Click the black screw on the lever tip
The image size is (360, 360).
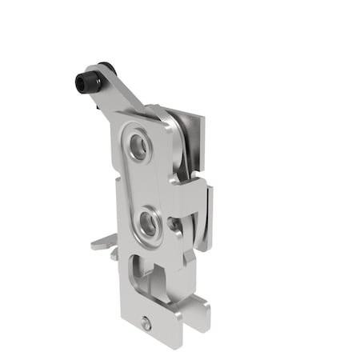(x=85, y=81)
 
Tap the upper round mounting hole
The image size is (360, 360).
(x=138, y=146)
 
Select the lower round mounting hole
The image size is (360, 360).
(x=148, y=222)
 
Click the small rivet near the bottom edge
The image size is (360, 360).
(x=146, y=324)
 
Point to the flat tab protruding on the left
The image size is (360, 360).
(x=102, y=242)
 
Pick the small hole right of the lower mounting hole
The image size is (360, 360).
(x=174, y=225)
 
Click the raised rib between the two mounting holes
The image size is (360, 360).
(x=143, y=184)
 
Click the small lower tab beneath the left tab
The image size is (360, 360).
(x=114, y=254)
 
